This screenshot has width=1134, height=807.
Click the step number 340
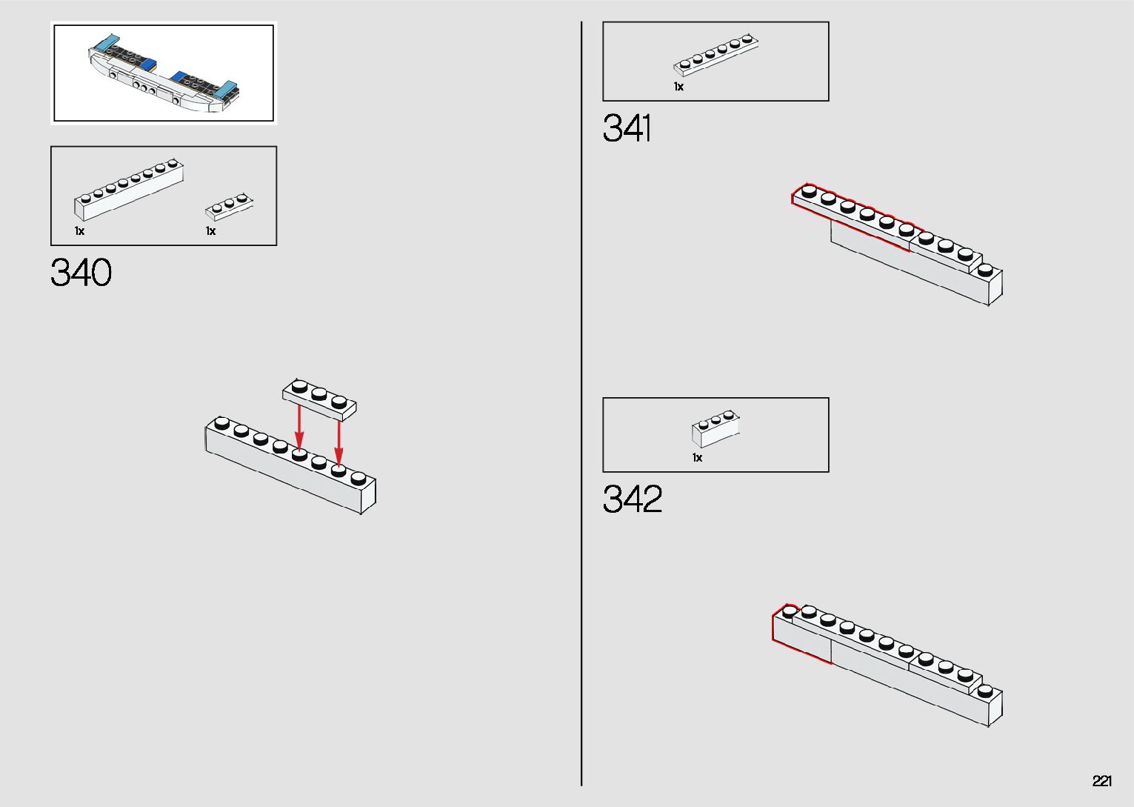pyautogui.click(x=81, y=273)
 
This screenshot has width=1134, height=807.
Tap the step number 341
pyautogui.click(x=627, y=128)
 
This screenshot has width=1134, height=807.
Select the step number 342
pyautogui.click(x=632, y=499)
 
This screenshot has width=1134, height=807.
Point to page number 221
pyautogui.click(x=1101, y=781)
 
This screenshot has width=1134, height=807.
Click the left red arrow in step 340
pyautogui.click(x=299, y=426)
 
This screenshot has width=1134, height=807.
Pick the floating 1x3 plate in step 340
pyautogui.click(x=320, y=398)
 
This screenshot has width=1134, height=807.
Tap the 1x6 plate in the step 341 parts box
pyautogui.click(x=716, y=55)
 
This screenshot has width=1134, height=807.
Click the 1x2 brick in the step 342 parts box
pyautogui.click(x=716, y=429)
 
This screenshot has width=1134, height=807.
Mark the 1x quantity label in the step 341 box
pyautogui.click(x=678, y=87)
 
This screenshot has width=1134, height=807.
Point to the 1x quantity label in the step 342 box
pyautogui.click(x=697, y=458)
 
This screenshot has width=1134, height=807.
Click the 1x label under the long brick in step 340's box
pyautogui.click(x=79, y=231)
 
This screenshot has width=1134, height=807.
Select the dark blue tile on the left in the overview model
pyautogui.click(x=147, y=64)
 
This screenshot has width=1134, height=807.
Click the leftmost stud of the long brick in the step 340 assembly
pyautogui.click(x=221, y=423)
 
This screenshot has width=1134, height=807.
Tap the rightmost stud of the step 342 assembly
pyautogui.click(x=984, y=691)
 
